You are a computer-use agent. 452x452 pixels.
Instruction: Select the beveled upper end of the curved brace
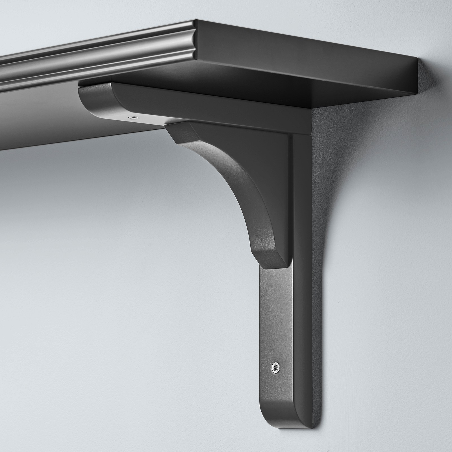point(181,136)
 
